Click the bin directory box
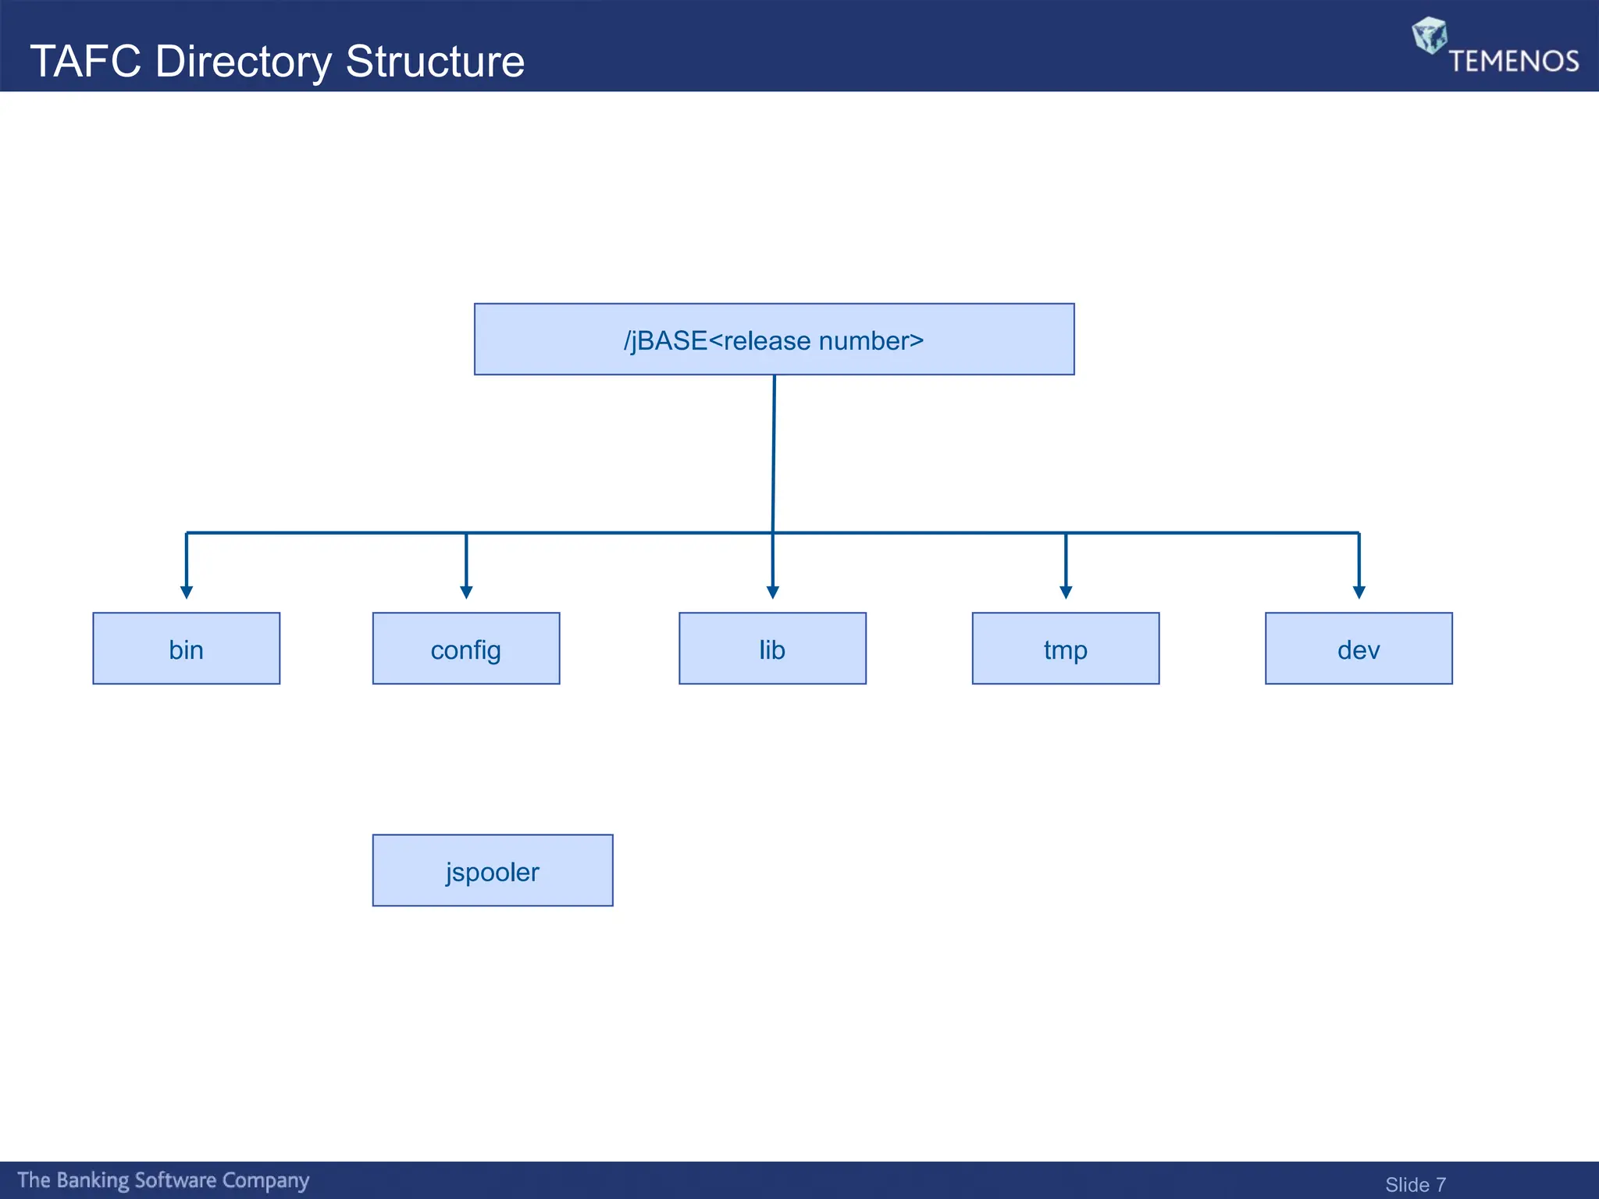(x=186, y=648)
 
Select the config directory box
(x=466, y=648)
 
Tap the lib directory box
(x=772, y=648)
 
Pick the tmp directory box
(x=1065, y=648)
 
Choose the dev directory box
(x=1359, y=648)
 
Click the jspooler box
(x=493, y=870)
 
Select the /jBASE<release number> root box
(x=774, y=340)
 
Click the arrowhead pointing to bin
(x=186, y=592)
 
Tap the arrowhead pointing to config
(x=466, y=592)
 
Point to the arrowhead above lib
(x=772, y=592)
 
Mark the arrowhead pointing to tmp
(x=1066, y=592)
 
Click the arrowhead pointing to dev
(x=1359, y=592)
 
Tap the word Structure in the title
(x=435, y=61)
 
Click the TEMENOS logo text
(x=1513, y=61)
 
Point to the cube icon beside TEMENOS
(x=1430, y=35)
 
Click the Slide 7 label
(x=1415, y=1184)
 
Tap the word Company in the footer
(x=265, y=1180)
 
